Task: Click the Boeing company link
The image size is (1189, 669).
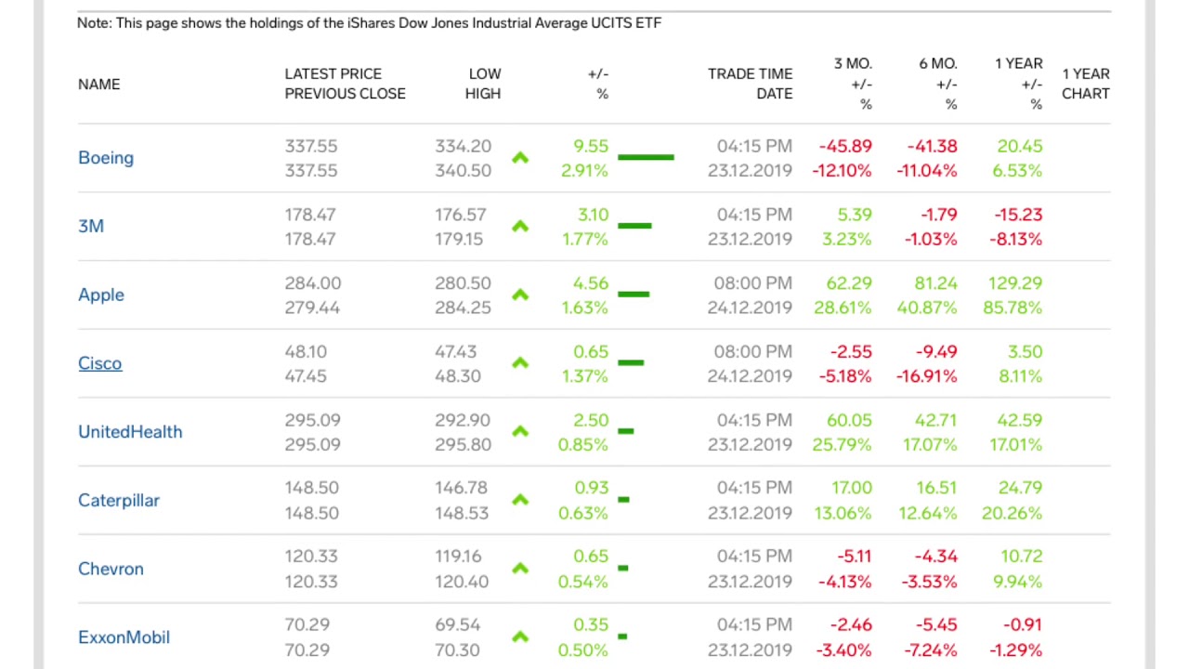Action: pos(106,158)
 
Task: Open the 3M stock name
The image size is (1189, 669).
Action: pos(91,227)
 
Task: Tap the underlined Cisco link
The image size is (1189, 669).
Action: pos(99,363)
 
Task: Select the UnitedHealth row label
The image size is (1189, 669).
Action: pos(130,432)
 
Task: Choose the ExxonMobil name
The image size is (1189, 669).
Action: pos(124,637)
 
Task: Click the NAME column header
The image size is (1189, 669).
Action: pos(98,85)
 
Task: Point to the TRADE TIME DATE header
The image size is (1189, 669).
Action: pos(750,84)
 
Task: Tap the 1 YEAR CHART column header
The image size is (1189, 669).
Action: pos(1085,84)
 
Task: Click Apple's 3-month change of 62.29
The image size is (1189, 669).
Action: pos(848,283)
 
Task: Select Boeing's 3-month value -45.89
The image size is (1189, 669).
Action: pos(844,147)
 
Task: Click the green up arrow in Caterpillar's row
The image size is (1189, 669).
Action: pos(520,500)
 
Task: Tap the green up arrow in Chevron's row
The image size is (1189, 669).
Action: pos(520,569)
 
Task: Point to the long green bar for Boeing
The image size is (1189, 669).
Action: pos(646,158)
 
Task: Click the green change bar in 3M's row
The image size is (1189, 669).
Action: pos(634,226)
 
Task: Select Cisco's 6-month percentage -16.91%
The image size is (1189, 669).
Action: pos(926,376)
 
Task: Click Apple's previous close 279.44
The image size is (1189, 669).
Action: pos(312,308)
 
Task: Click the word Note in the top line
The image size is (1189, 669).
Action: pos(93,23)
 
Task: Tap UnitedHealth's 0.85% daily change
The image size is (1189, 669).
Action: pos(582,445)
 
